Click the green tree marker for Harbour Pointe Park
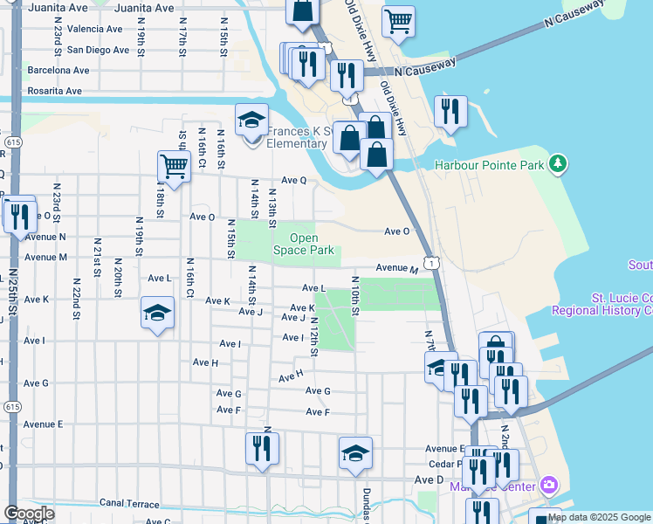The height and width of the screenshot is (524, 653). (556, 164)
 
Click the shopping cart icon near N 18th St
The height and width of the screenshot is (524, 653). (174, 165)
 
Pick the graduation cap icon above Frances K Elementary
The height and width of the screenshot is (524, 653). (251, 120)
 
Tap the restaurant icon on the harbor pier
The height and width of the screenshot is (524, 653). (450, 111)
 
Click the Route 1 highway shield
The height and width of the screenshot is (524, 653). (430, 261)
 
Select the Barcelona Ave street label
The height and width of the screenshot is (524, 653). (58, 70)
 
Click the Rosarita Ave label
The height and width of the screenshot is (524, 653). (54, 91)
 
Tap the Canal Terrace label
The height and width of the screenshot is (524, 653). (129, 504)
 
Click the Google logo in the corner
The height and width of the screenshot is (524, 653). (29, 514)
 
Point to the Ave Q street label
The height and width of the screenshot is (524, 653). (292, 181)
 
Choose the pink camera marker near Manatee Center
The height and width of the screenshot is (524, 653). (549, 484)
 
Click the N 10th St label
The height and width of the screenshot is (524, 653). (355, 296)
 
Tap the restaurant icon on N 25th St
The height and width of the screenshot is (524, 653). (19, 214)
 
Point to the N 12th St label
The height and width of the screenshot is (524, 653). (313, 337)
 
